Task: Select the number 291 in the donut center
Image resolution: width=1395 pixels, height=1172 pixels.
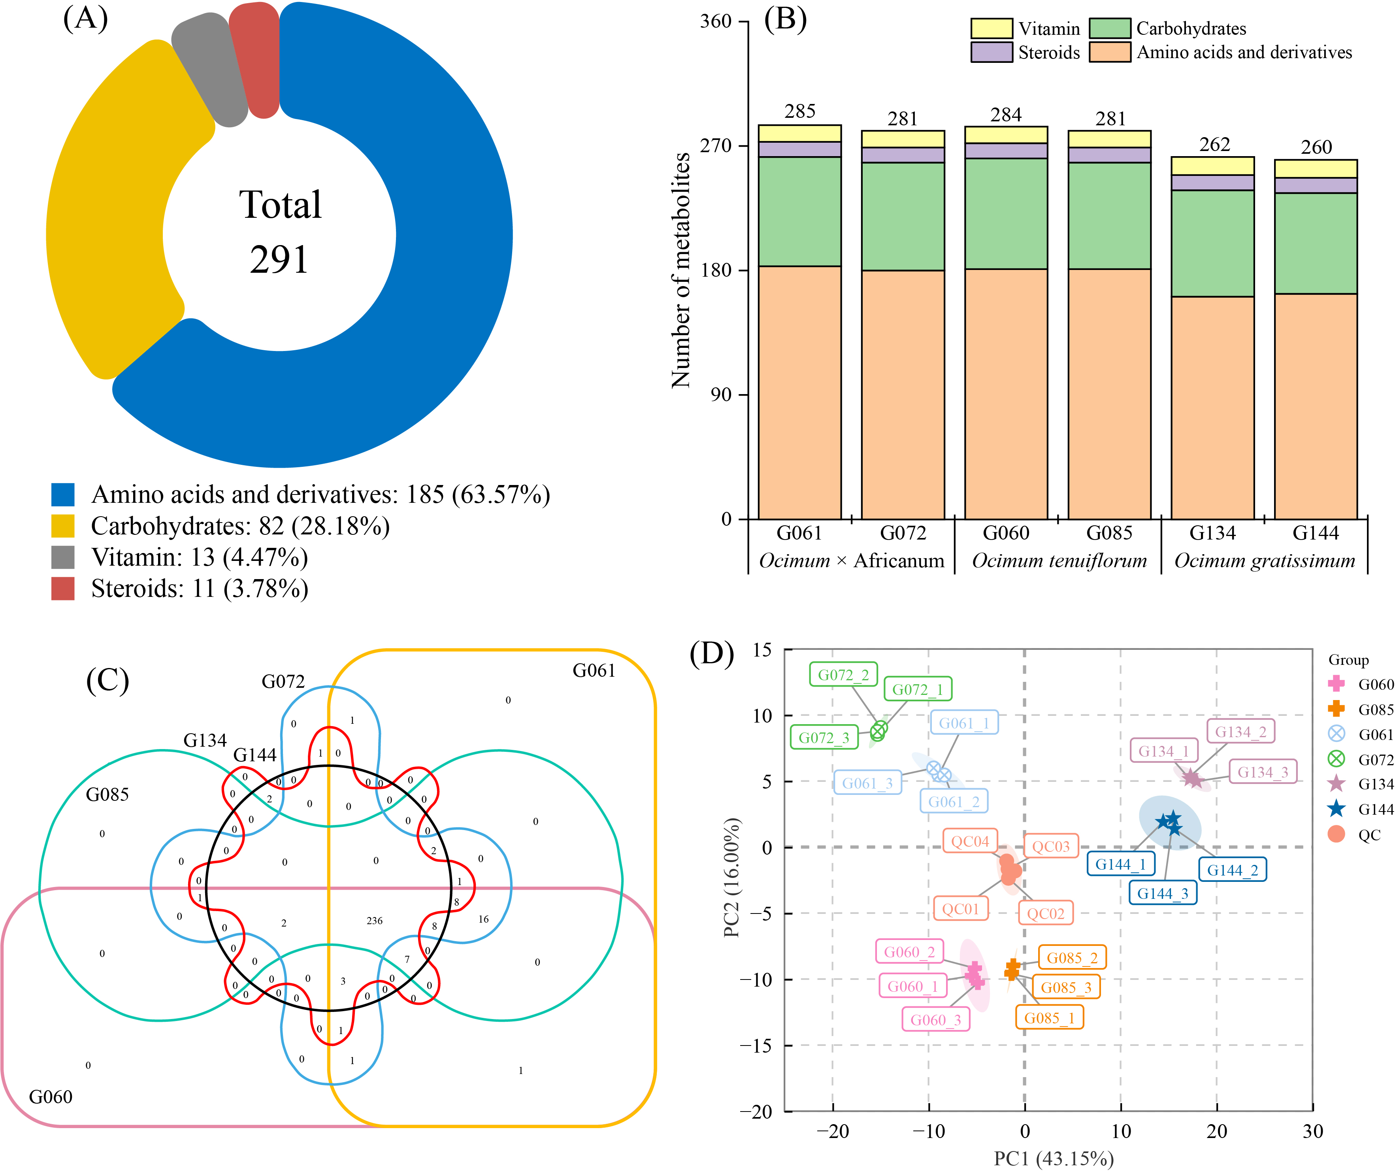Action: [280, 259]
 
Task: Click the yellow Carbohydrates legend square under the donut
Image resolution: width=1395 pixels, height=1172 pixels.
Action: [63, 526]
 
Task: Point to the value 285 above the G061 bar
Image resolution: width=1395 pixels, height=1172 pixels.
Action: [800, 111]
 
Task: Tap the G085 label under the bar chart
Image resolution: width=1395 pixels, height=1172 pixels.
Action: [1109, 533]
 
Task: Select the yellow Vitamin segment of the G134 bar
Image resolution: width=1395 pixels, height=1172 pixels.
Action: [1212, 166]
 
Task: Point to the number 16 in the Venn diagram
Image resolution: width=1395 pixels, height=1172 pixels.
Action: [484, 919]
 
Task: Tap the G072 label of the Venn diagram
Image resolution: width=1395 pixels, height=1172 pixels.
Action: [283, 682]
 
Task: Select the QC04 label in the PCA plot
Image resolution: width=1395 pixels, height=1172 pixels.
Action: [970, 841]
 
